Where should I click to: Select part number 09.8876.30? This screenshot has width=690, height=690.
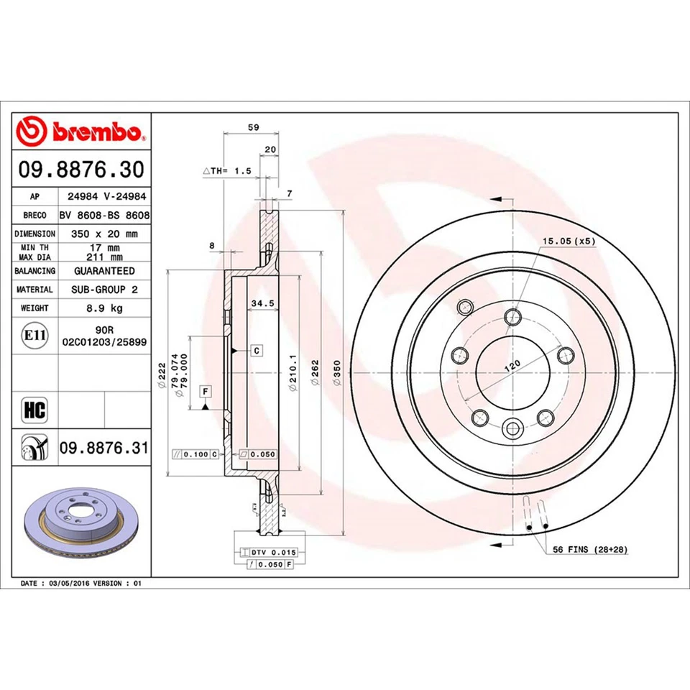coord(81,170)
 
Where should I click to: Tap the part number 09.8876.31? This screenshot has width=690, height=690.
coord(103,448)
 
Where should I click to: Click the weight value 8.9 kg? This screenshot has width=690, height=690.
coord(103,308)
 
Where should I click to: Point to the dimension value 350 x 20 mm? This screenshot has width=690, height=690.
coord(103,234)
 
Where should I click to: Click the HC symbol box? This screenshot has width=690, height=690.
coord(34,411)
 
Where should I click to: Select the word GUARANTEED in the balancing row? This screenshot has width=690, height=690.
coord(103,271)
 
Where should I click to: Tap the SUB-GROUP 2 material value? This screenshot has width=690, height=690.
coord(103,289)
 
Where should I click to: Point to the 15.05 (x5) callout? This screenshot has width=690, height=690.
coord(569,241)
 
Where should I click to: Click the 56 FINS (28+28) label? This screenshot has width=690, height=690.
coord(590,549)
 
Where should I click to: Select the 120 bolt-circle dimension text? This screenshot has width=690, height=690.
coord(512,366)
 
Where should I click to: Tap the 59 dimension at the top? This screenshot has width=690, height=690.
coord(252,127)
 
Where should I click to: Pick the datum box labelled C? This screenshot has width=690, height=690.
coord(256,351)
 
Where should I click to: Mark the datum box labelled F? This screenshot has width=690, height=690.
coord(206,391)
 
